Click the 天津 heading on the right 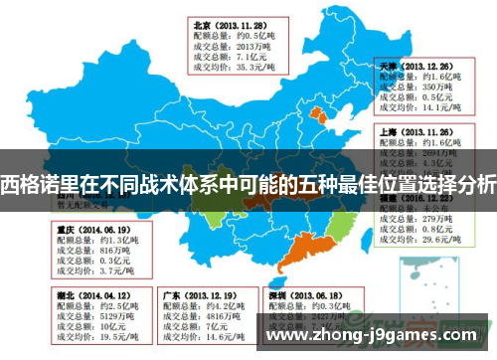(388, 63)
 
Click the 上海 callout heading (388, 130)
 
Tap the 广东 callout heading (171, 295)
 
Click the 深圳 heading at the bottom (281, 295)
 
